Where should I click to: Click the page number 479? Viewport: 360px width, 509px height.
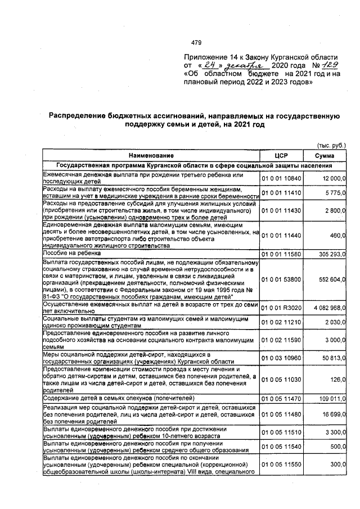pyautogui.click(x=196, y=42)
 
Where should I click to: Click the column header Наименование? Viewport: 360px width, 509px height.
pyautogui.click(x=150, y=155)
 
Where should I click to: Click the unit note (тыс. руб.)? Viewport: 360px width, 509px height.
pyautogui.click(x=332, y=145)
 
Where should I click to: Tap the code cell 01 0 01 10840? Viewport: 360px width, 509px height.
pyautogui.click(x=281, y=178)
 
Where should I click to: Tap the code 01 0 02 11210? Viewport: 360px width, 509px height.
pyautogui.click(x=281, y=322)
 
